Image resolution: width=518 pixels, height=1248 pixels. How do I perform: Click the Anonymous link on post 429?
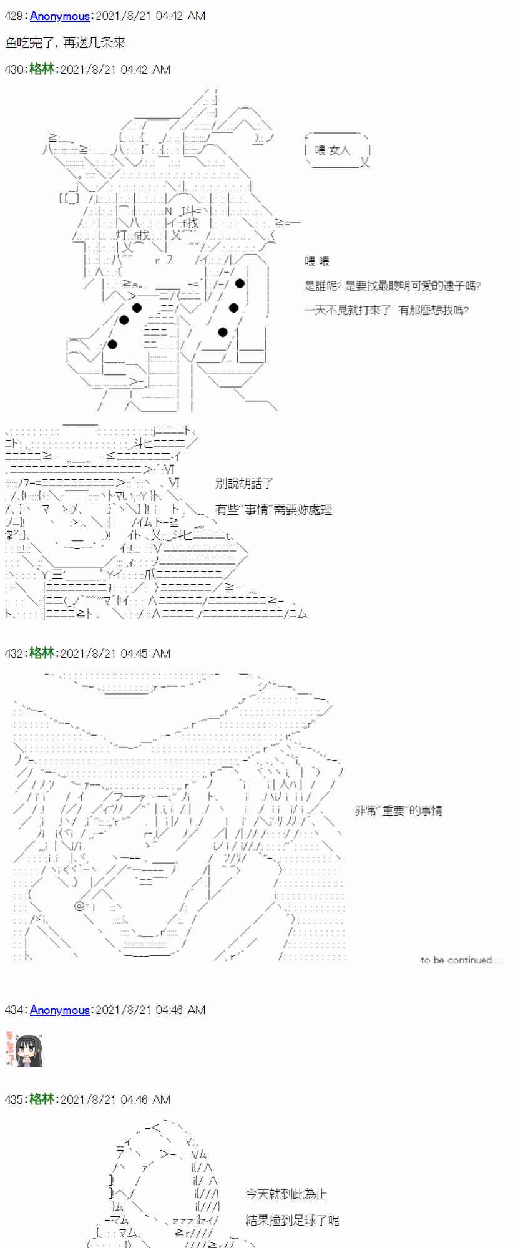(59, 16)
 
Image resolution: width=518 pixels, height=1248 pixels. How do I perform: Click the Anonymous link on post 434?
(59, 1010)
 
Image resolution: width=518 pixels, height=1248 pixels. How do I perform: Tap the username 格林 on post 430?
(42, 69)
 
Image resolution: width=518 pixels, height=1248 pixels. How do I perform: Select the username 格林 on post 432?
(42, 653)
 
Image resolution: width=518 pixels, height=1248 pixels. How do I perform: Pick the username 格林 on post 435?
(42, 1099)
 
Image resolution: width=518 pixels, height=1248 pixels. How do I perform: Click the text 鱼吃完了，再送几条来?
(66, 42)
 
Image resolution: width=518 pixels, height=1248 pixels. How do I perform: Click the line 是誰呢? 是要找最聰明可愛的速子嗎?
(392, 286)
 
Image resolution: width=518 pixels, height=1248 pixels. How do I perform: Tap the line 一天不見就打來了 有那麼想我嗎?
(386, 310)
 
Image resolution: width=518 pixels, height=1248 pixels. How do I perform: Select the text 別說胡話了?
(244, 484)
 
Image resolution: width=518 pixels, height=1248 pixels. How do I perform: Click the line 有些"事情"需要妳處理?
(273, 510)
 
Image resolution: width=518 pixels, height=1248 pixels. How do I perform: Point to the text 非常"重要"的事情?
(398, 811)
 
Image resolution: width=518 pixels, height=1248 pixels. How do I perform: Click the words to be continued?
(461, 960)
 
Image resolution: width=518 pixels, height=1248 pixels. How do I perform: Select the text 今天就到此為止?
(286, 1194)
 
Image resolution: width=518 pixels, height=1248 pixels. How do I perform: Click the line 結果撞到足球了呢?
(292, 1220)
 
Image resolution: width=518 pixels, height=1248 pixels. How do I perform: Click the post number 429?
(14, 16)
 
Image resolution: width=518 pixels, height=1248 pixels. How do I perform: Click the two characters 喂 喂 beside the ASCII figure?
(316, 261)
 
